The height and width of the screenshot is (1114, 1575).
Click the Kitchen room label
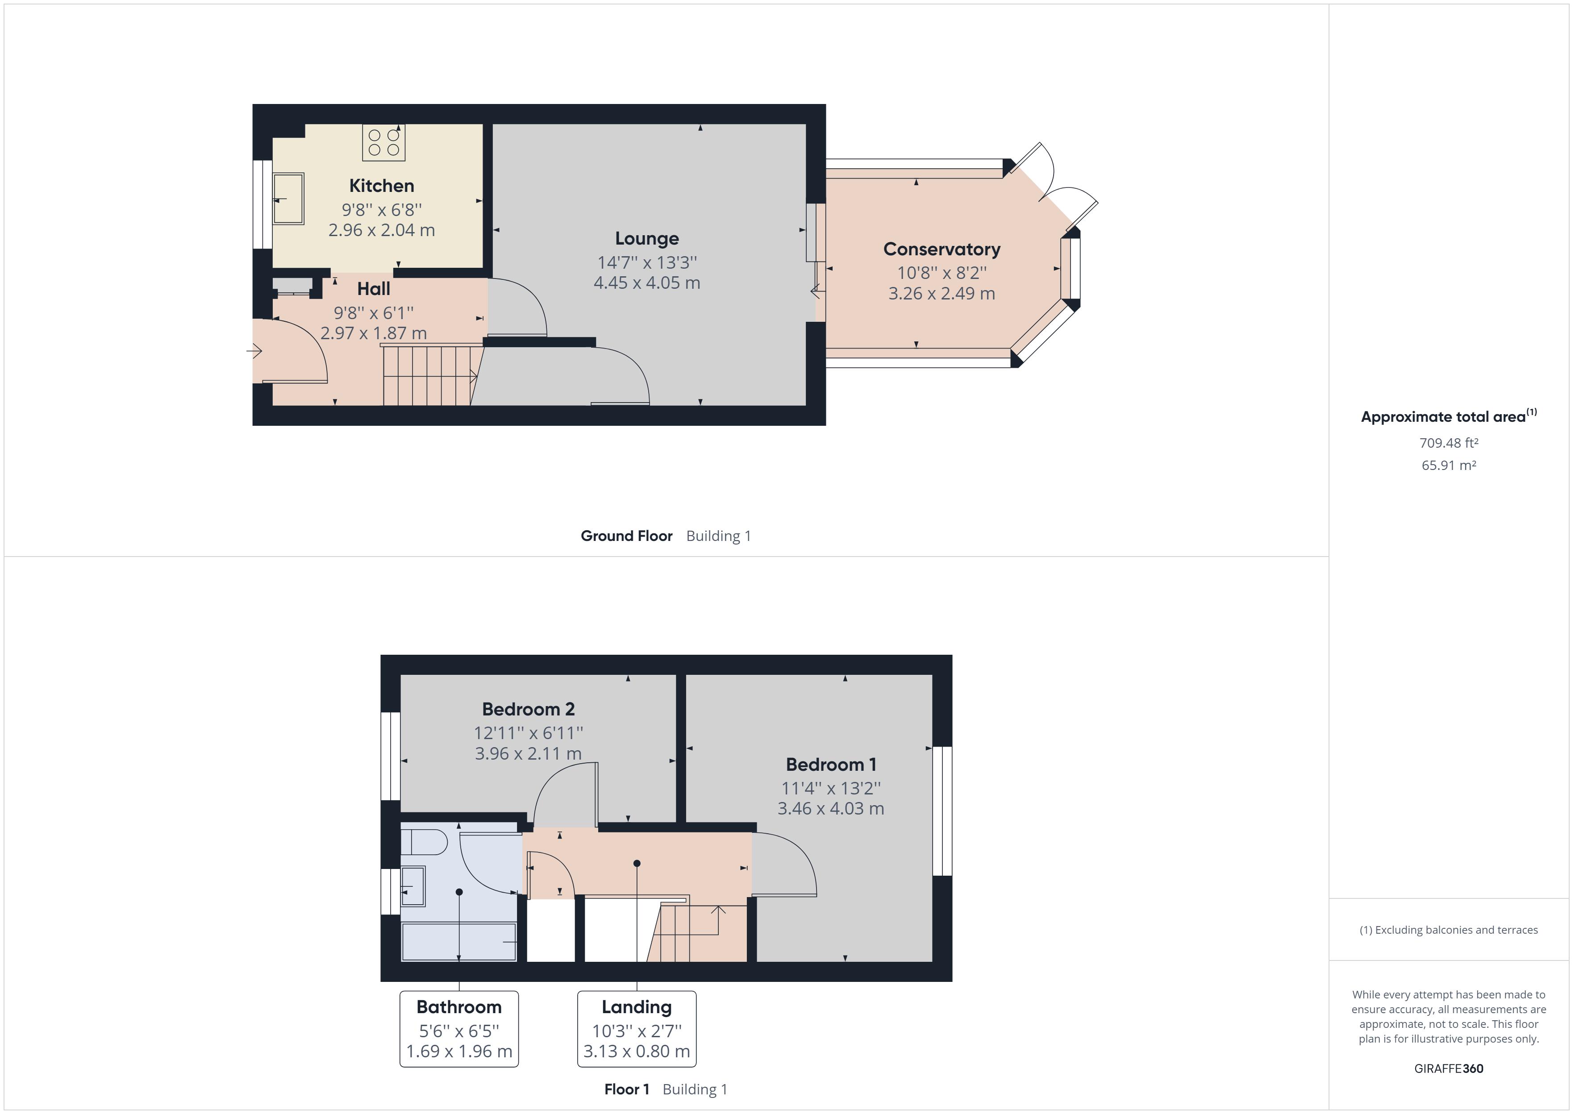[381, 186]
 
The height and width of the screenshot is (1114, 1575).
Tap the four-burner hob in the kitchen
[383, 143]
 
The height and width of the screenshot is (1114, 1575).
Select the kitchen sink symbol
[288, 199]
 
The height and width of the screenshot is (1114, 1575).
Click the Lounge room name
[647, 239]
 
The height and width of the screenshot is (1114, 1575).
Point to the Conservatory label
[942, 249]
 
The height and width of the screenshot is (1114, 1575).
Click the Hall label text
[374, 289]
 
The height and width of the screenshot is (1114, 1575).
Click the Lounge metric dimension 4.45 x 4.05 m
[647, 283]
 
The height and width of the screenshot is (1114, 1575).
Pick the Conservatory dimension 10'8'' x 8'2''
[942, 273]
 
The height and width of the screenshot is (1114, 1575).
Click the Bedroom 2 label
[528, 709]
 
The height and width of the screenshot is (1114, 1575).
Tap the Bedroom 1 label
[831, 765]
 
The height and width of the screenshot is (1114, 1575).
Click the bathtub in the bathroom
[459, 942]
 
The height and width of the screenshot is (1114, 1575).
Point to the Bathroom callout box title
[459, 1007]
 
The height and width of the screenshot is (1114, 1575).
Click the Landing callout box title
[637, 1007]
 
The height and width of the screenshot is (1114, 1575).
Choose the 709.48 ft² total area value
[1449, 443]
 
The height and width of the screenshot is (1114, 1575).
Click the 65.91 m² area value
[1449, 465]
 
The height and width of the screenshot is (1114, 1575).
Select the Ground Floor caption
[626, 536]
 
